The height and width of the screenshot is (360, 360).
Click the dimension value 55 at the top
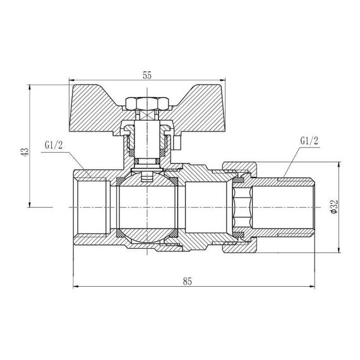tap(147, 75)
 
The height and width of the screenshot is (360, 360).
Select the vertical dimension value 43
tap(25, 152)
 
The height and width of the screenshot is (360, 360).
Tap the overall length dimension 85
tap(187, 281)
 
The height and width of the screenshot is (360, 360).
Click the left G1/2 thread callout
tap(54, 145)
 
